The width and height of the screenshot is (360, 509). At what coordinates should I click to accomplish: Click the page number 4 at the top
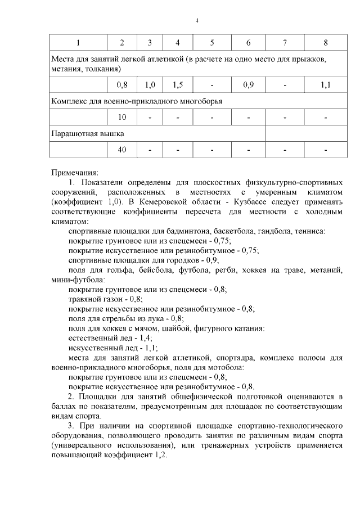click(x=197, y=21)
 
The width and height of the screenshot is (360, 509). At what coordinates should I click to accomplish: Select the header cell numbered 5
click(x=211, y=43)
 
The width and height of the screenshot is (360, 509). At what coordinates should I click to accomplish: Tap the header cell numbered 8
click(x=326, y=43)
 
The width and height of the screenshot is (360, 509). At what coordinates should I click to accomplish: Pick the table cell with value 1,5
click(x=178, y=85)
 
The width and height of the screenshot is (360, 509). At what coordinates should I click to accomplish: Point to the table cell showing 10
click(x=122, y=118)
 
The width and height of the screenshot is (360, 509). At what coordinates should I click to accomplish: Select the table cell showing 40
click(x=122, y=150)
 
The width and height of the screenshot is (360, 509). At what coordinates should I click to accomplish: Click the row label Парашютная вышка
click(x=87, y=134)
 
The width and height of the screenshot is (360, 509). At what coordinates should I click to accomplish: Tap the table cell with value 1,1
click(x=326, y=85)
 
